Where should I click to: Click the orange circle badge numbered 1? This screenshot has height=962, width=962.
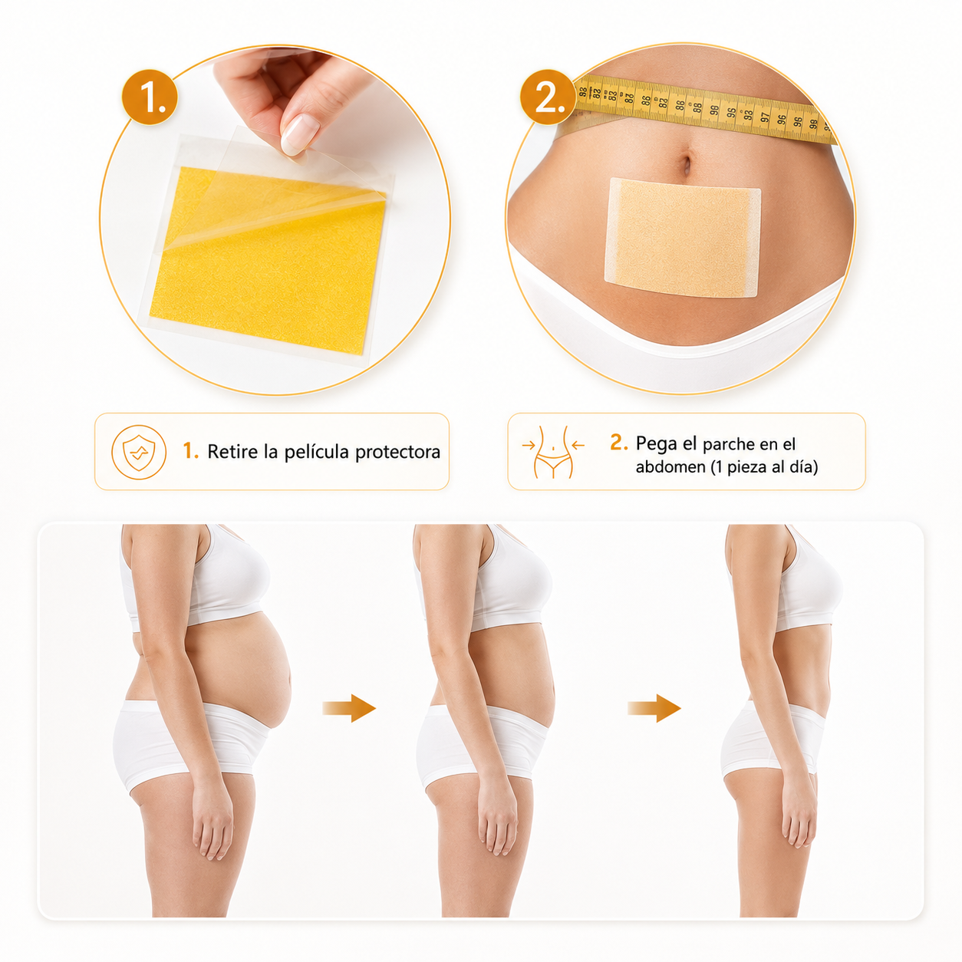coord(150,97)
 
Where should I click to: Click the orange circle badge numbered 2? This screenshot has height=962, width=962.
coord(548,97)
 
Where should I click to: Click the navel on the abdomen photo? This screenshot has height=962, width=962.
coord(687,163)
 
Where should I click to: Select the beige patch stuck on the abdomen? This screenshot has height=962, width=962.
coord(683,236)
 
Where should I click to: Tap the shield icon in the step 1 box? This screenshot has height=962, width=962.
coord(139,452)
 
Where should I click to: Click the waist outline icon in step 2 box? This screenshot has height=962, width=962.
coord(553,452)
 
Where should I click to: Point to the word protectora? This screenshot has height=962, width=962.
coord(398,453)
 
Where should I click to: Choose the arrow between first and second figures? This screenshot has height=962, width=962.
coord(349,708)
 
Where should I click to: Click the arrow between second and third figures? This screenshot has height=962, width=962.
coord(654,708)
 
